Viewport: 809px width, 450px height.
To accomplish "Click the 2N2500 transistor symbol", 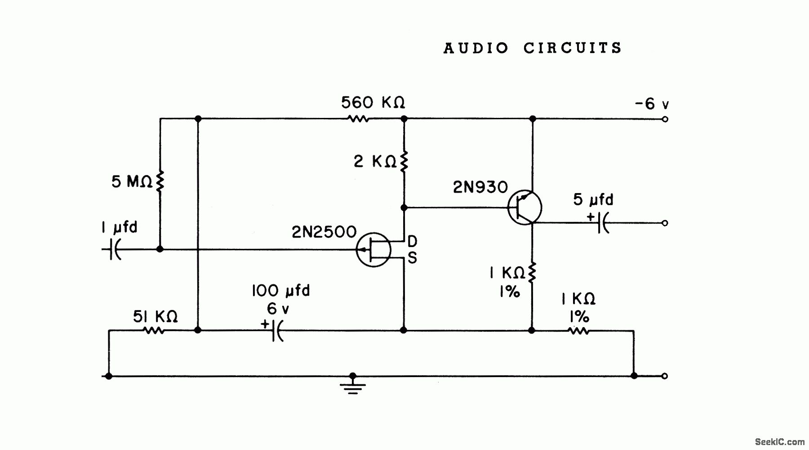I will [x=373, y=250].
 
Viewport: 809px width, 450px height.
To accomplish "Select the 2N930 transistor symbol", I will [x=525, y=207].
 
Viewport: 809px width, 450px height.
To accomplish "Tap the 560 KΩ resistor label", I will [x=373, y=103].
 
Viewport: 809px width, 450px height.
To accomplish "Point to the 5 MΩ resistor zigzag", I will [x=159, y=181].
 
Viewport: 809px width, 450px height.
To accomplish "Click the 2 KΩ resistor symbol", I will [x=404, y=161].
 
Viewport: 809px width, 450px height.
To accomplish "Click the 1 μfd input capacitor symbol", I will [x=114, y=249].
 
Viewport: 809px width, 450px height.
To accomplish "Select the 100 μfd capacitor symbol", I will [x=277, y=331].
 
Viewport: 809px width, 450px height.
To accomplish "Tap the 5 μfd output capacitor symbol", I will [x=603, y=223].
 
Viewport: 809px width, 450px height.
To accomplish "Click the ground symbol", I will [x=353, y=386].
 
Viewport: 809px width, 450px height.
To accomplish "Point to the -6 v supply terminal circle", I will [x=665, y=119].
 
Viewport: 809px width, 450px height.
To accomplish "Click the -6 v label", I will [x=651, y=104].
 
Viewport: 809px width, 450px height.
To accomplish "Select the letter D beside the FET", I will [x=412, y=241].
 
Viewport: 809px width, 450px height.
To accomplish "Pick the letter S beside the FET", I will [x=412, y=258].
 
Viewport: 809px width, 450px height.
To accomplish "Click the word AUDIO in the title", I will [x=476, y=48].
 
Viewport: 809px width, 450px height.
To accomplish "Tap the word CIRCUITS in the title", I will [x=573, y=48].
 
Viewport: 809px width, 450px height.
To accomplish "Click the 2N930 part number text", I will [x=480, y=187].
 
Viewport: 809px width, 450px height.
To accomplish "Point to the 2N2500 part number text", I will [x=324, y=232].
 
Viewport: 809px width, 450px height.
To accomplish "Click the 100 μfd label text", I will [x=280, y=291].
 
